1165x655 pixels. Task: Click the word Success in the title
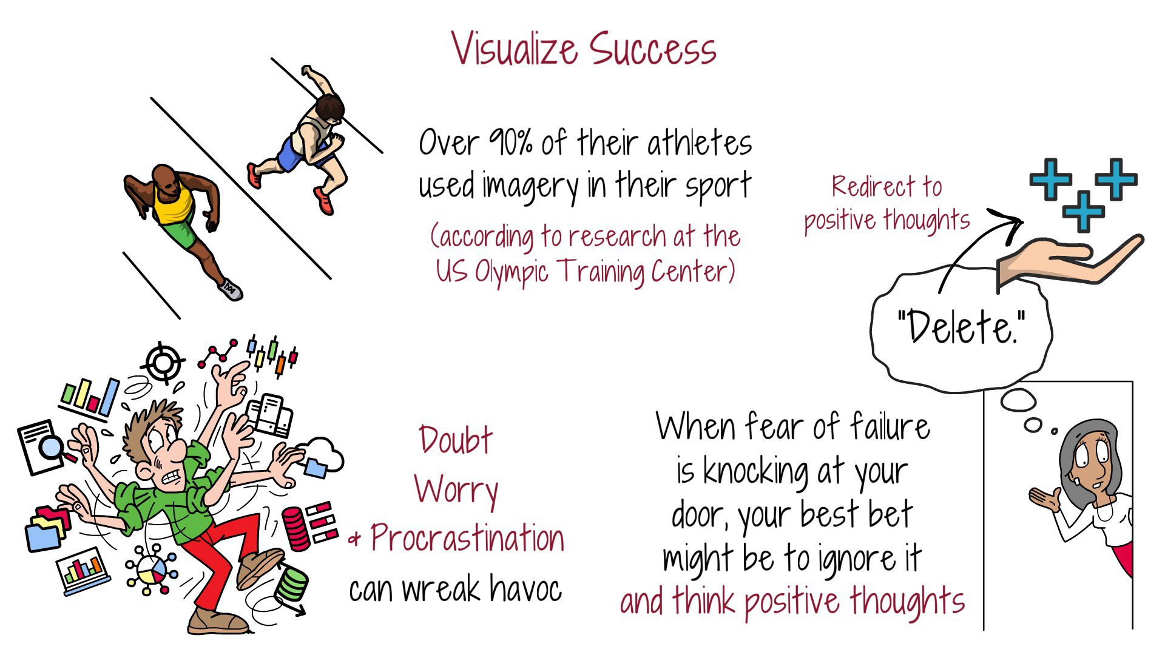[x=653, y=49]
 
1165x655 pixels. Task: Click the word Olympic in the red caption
[x=513, y=271]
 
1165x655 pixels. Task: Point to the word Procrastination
[x=467, y=539]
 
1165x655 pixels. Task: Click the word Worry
[x=456, y=490]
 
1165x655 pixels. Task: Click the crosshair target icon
[x=163, y=363]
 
